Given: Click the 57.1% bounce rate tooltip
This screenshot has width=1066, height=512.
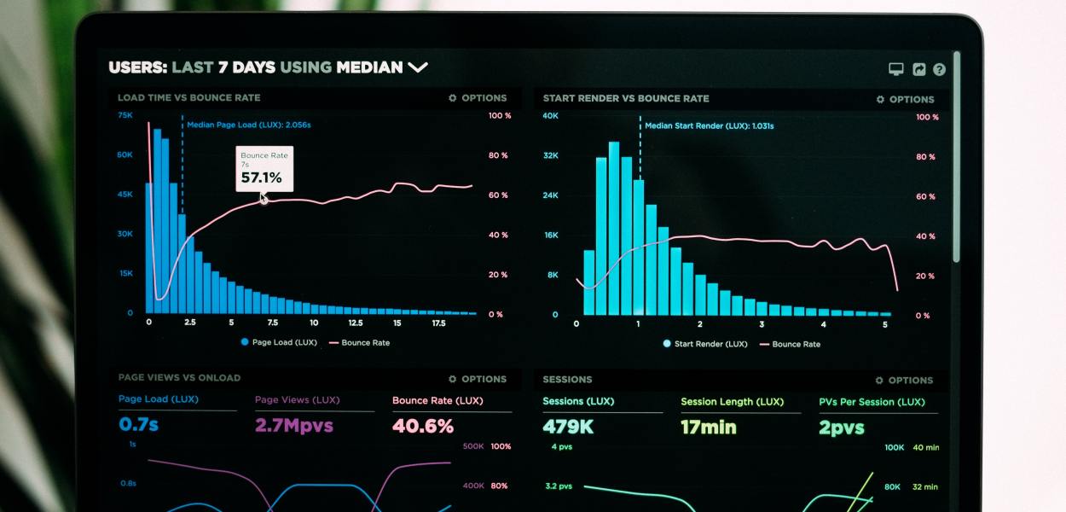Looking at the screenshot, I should click(x=265, y=169).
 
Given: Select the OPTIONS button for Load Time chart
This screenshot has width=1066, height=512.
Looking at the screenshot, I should click(x=478, y=98).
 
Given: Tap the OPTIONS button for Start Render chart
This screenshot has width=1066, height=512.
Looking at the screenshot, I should click(x=905, y=99).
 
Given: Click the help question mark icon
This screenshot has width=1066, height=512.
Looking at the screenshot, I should click(x=939, y=70).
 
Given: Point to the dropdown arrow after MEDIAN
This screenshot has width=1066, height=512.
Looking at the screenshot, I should click(x=417, y=67).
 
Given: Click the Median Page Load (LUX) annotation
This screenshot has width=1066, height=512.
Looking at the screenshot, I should click(x=248, y=125).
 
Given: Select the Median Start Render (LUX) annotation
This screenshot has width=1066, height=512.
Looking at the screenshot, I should click(x=709, y=125).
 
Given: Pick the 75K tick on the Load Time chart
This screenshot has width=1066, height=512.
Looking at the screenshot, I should click(x=125, y=115).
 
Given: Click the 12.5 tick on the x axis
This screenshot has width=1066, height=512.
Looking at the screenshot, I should click(x=355, y=323).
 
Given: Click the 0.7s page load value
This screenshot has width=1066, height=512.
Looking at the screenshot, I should click(x=138, y=424).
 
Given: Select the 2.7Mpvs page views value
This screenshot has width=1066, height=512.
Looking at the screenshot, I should click(x=293, y=425).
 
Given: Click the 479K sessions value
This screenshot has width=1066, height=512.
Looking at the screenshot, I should click(x=568, y=427).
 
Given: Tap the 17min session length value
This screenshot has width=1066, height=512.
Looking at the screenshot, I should click(x=708, y=427).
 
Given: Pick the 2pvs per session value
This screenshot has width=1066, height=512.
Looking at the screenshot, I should click(x=841, y=427).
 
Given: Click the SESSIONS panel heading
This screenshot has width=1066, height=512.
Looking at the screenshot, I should click(x=567, y=379).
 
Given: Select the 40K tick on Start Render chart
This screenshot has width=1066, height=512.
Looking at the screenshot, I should click(x=550, y=116).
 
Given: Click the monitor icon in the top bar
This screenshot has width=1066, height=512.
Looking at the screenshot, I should click(x=895, y=70).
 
